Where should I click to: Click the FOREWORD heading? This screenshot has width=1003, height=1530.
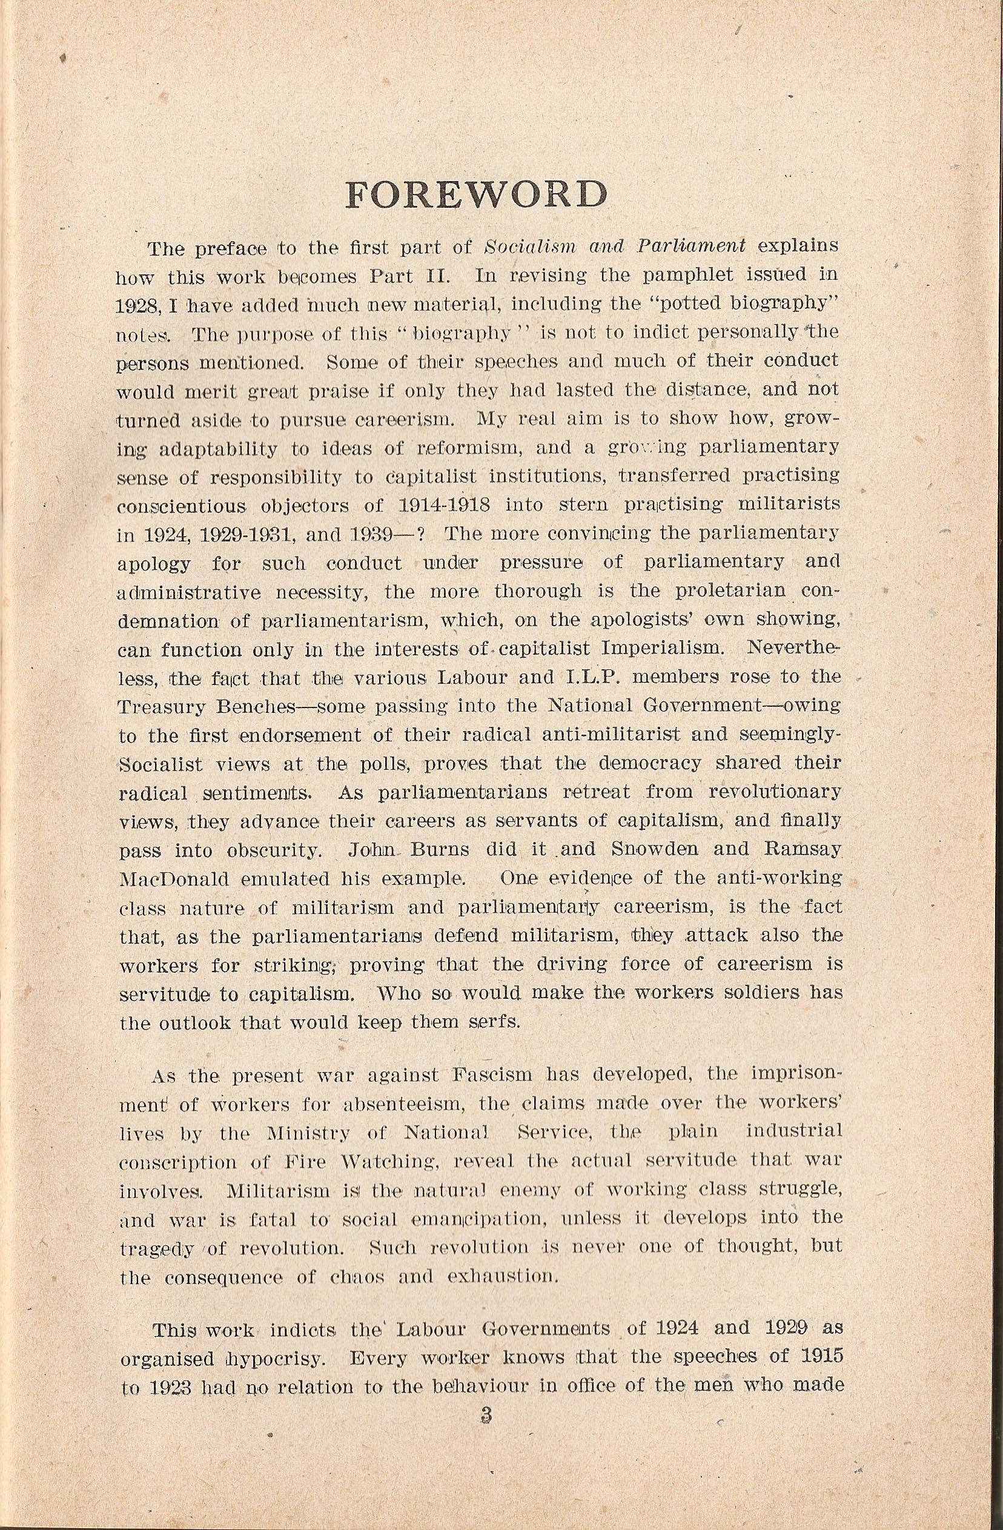[477, 195]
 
